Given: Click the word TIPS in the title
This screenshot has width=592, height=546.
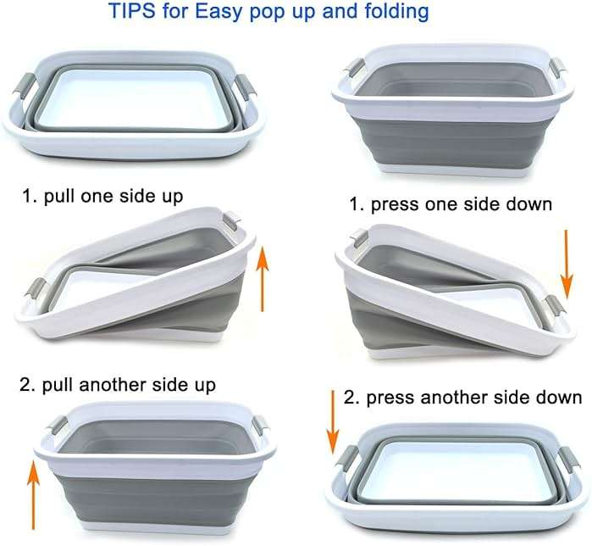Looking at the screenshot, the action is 131,10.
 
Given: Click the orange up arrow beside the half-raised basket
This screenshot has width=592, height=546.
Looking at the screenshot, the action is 263,278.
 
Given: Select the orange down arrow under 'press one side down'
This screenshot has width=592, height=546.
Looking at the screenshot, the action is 567,265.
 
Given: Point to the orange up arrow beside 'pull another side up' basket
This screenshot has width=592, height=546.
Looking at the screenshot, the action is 33,494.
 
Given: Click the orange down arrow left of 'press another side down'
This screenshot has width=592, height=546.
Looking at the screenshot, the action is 333,422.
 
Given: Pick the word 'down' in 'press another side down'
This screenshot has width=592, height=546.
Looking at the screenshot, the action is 560,398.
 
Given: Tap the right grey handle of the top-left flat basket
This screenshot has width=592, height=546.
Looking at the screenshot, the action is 246,87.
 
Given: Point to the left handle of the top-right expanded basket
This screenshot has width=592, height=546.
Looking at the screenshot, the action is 353,69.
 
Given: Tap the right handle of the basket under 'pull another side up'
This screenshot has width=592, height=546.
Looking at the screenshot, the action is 262,425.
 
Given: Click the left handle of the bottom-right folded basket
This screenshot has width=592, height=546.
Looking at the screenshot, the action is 346,459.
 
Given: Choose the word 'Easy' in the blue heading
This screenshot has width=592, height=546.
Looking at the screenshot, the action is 218,11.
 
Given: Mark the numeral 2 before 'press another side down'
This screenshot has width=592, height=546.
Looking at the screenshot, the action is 349,398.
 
